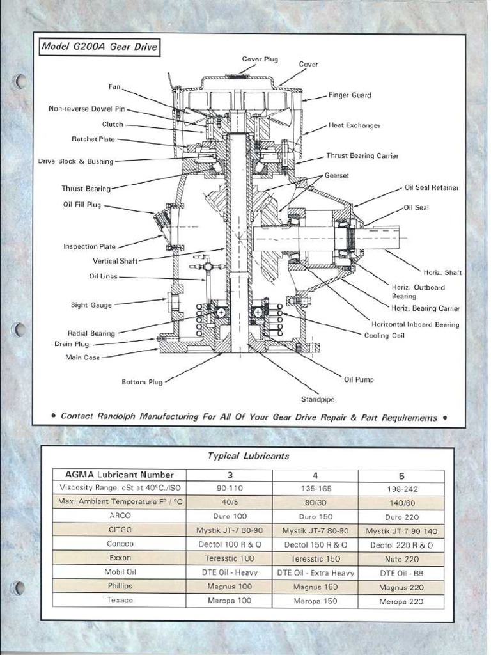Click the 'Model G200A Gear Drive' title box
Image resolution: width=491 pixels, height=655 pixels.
[x=98, y=47]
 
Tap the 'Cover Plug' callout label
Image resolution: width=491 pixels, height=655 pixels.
[x=260, y=59]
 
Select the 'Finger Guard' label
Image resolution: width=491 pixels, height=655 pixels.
[x=350, y=95]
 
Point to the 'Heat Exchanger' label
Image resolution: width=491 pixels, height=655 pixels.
[x=354, y=125]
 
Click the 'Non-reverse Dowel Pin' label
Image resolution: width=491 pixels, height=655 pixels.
[x=87, y=109]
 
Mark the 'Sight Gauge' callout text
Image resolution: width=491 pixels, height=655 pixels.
[x=91, y=305]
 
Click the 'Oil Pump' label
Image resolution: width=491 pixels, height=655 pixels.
[x=359, y=379]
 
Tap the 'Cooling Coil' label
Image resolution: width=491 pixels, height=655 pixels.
[x=384, y=335]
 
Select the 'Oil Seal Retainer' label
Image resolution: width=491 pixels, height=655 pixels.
[x=432, y=188]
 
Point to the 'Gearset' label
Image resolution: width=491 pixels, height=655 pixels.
[x=336, y=175]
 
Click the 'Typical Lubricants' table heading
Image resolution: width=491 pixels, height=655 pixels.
[x=248, y=456]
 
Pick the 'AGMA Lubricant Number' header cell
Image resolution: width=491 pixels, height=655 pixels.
[x=120, y=475]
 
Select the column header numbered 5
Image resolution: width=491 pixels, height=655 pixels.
[x=401, y=475]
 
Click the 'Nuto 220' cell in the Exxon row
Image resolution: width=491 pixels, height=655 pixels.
[x=401, y=559]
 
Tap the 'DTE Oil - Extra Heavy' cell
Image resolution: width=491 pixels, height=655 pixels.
[x=315, y=573]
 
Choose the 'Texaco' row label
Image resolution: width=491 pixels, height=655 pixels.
[x=120, y=601]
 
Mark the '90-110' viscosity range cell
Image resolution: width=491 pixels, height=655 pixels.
[x=229, y=488]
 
